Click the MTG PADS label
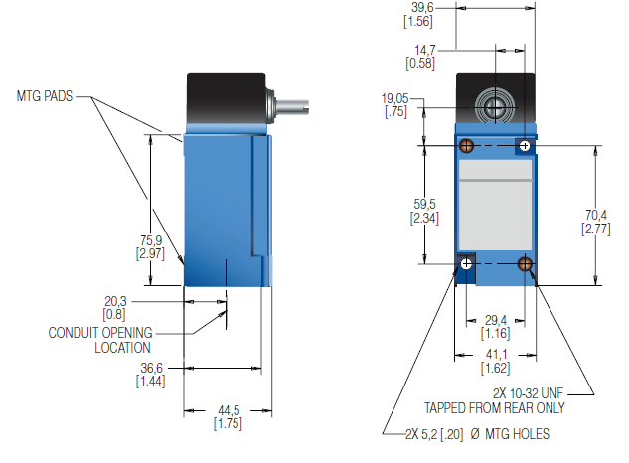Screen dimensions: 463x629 46,97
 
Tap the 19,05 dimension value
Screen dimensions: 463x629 395,98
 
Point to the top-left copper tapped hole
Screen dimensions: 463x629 466,147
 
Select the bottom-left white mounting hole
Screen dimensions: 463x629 466,263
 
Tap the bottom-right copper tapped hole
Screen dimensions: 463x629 525,263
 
